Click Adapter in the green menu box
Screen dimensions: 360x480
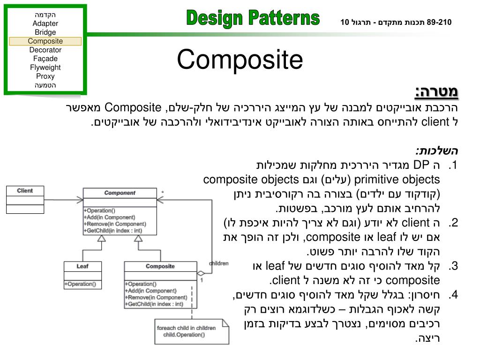pyautogui.click(x=45, y=23)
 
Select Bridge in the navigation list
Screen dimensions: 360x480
pyautogui.click(x=45, y=32)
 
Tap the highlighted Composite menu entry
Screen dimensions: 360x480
pyautogui.click(x=45, y=41)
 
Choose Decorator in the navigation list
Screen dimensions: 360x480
pyautogui.click(x=45, y=50)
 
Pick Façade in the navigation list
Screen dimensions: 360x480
pyautogui.click(x=45, y=59)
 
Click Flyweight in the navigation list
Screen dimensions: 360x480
pyautogui.click(x=45, y=67)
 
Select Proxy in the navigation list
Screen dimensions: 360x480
pyautogui.click(x=45, y=76)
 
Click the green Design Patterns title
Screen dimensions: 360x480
pyautogui.click(x=253, y=19)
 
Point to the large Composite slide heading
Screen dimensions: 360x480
pyautogui.click(x=240, y=60)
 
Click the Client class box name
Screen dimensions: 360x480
pyautogui.click(x=25, y=191)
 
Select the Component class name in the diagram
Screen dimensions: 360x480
pyautogui.click(x=120, y=193)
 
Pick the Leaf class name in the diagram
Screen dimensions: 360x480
pyautogui.click(x=82, y=266)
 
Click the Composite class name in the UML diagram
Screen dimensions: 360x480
pyautogui.click(x=160, y=266)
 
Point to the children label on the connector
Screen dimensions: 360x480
pyautogui.click(x=218, y=263)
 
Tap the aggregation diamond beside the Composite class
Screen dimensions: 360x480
pyautogui.click(x=201, y=273)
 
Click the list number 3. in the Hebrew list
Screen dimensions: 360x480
pyautogui.click(x=452, y=266)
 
